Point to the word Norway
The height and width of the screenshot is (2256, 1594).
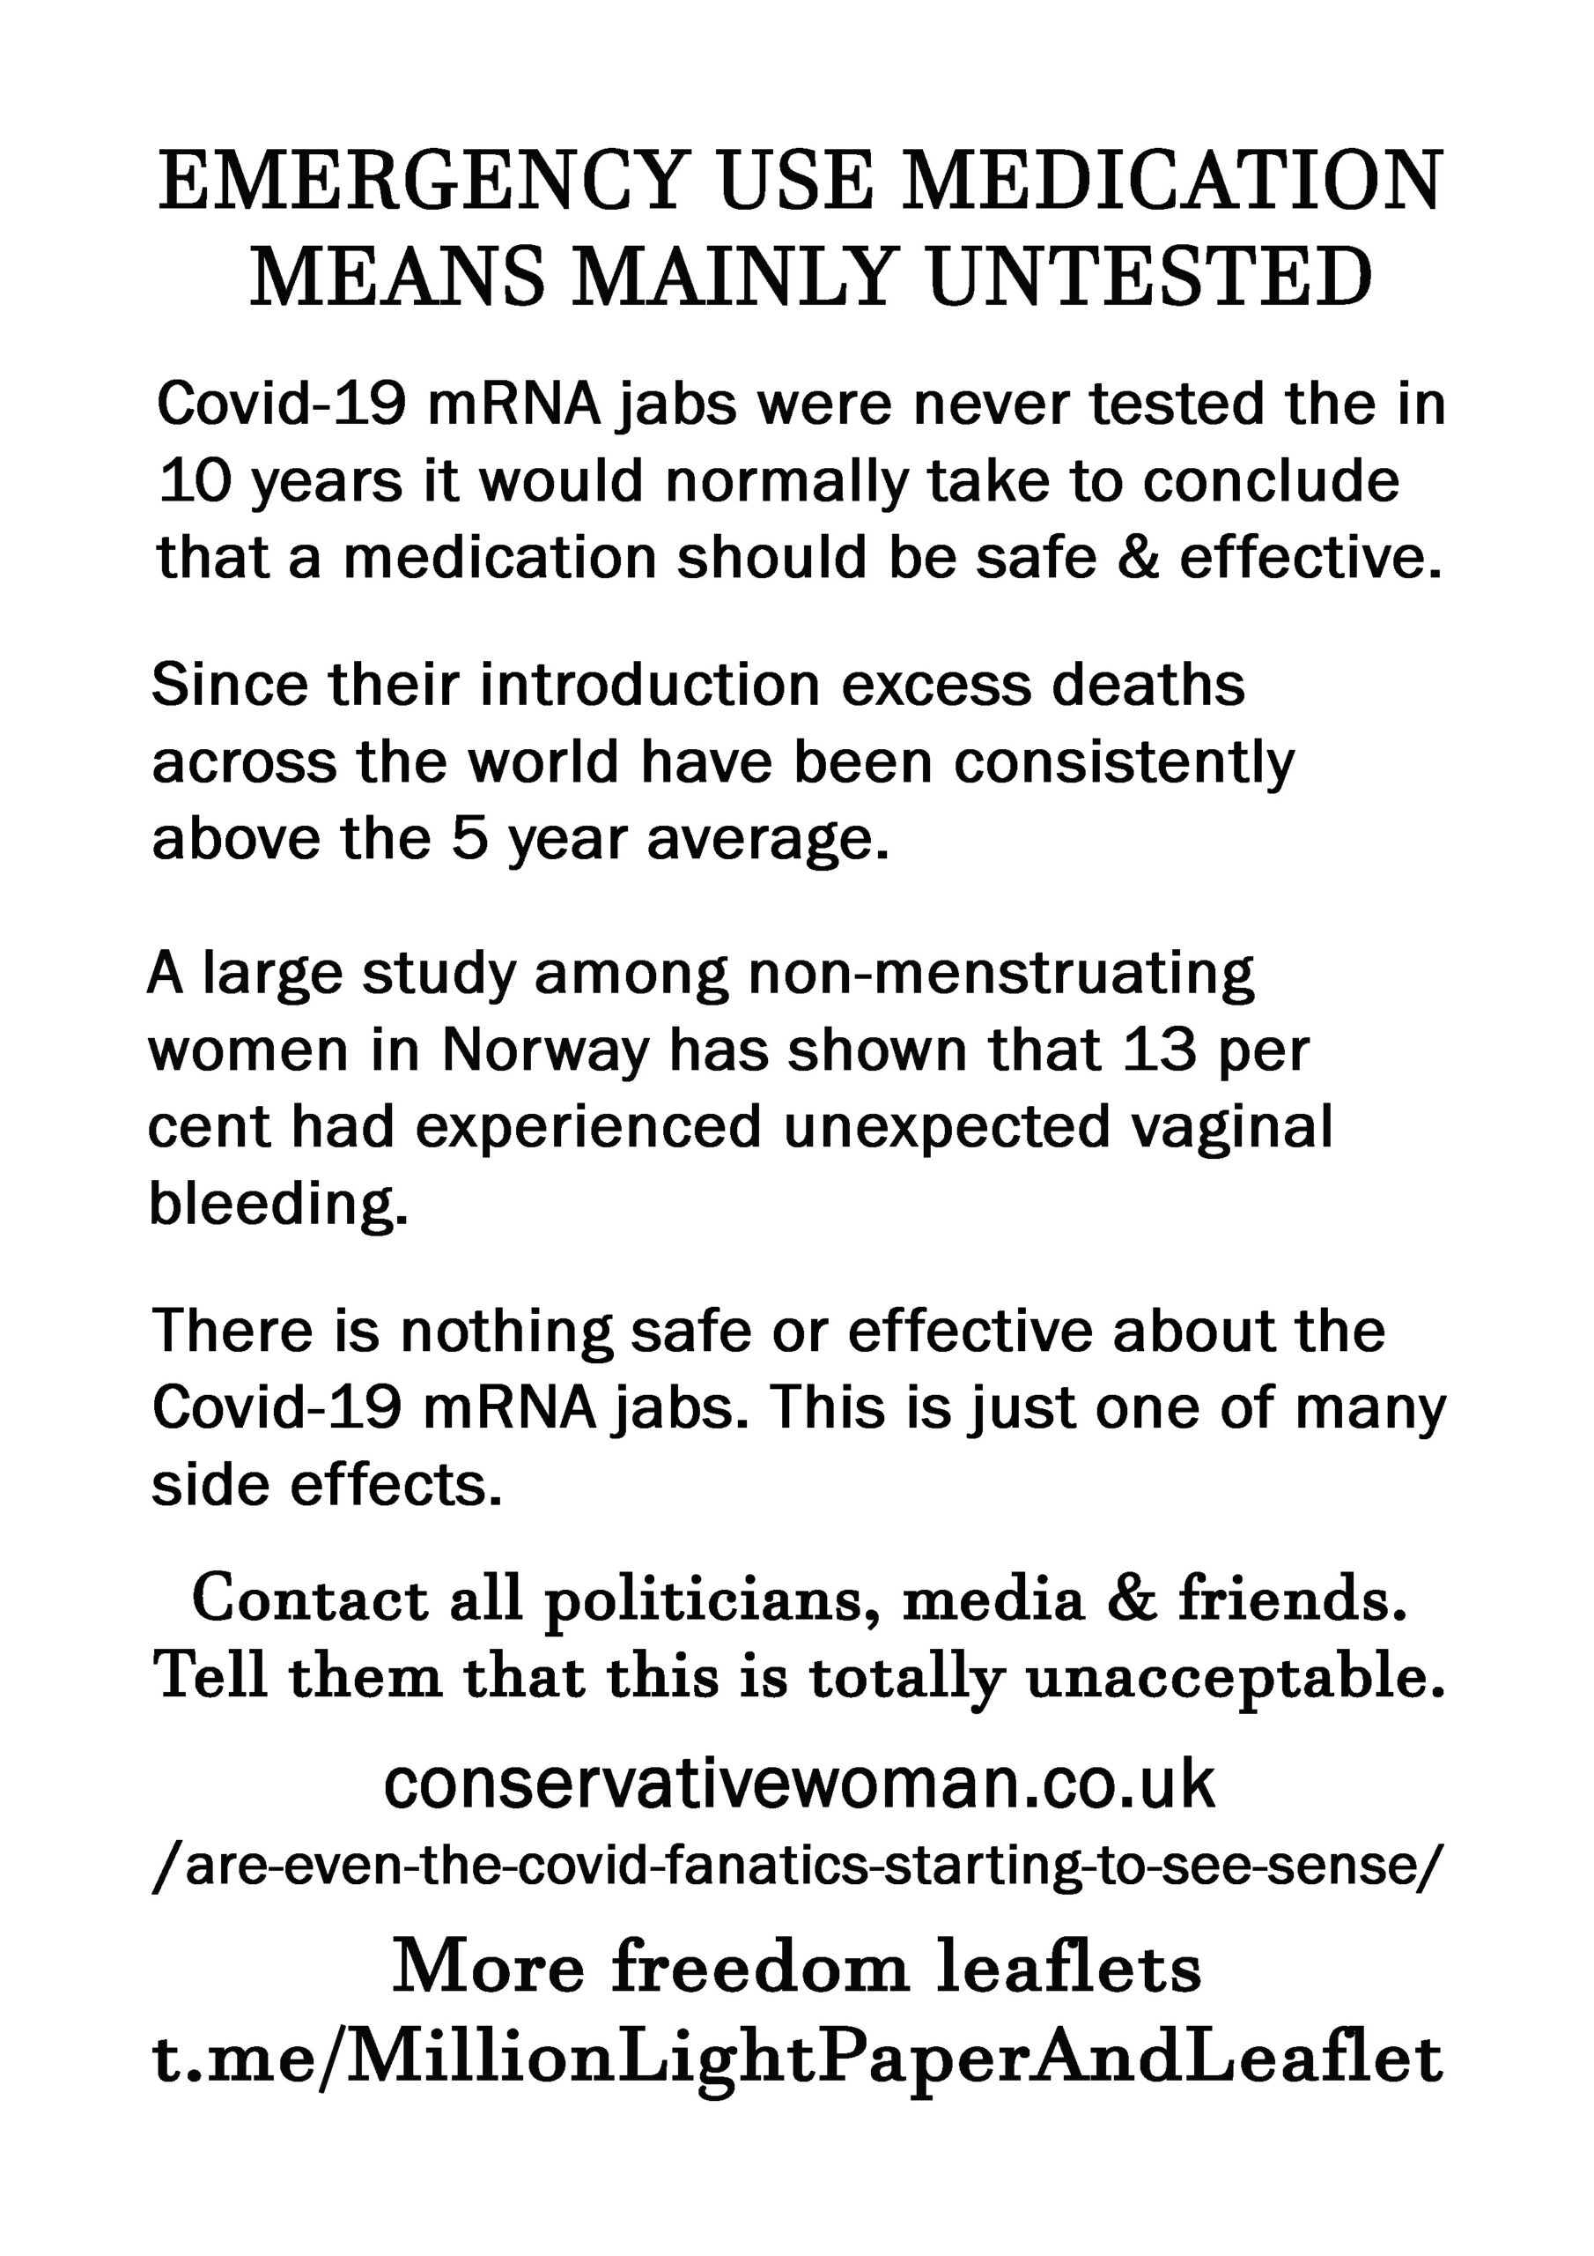point(545,1050)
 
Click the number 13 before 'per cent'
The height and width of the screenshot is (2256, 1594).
point(1160,1050)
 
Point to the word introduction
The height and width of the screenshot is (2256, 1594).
point(649,685)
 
